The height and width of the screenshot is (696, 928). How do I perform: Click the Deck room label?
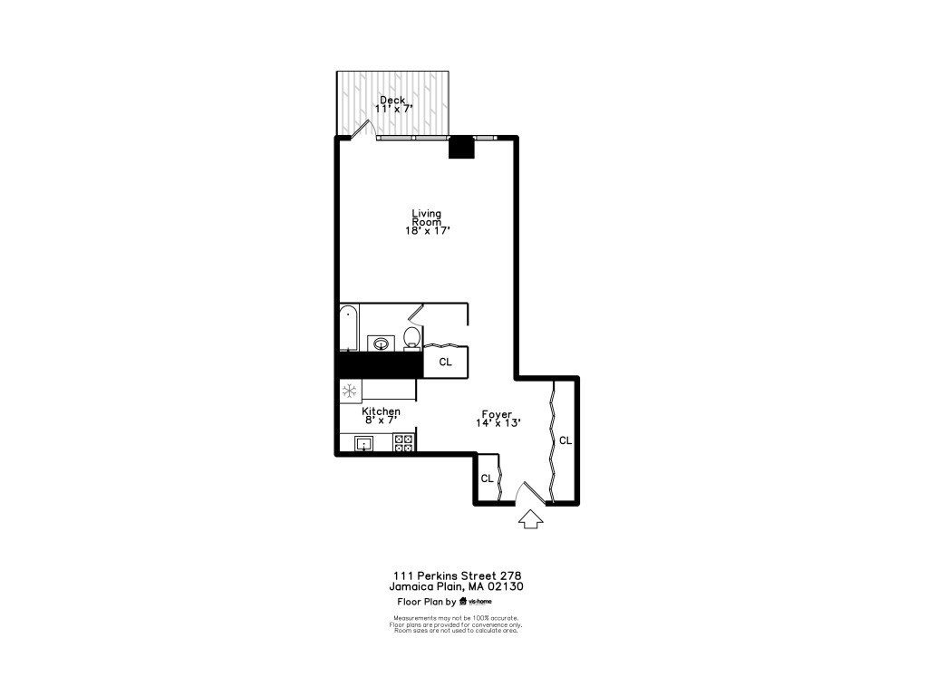[392, 100]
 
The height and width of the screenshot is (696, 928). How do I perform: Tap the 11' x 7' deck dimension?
[393, 109]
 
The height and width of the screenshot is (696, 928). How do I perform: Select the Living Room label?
[427, 217]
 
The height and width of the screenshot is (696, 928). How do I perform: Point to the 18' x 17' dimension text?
[428, 231]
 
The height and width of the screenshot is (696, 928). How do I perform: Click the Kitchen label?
[381, 411]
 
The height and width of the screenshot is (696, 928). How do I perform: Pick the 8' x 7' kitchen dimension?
[381, 420]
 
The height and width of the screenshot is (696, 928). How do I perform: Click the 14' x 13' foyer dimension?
[498, 422]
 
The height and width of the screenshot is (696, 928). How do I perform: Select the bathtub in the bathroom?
[348, 328]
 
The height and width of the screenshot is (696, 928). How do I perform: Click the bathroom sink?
[382, 343]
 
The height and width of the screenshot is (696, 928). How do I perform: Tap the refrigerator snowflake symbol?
[349, 391]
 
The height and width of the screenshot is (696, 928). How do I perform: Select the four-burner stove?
[404, 443]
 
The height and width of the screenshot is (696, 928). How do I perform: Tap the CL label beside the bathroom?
[445, 362]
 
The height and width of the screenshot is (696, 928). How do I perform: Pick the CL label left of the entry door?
[487, 478]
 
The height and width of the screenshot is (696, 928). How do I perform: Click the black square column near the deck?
[461, 147]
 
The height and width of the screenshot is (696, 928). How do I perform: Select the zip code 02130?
[507, 586]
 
